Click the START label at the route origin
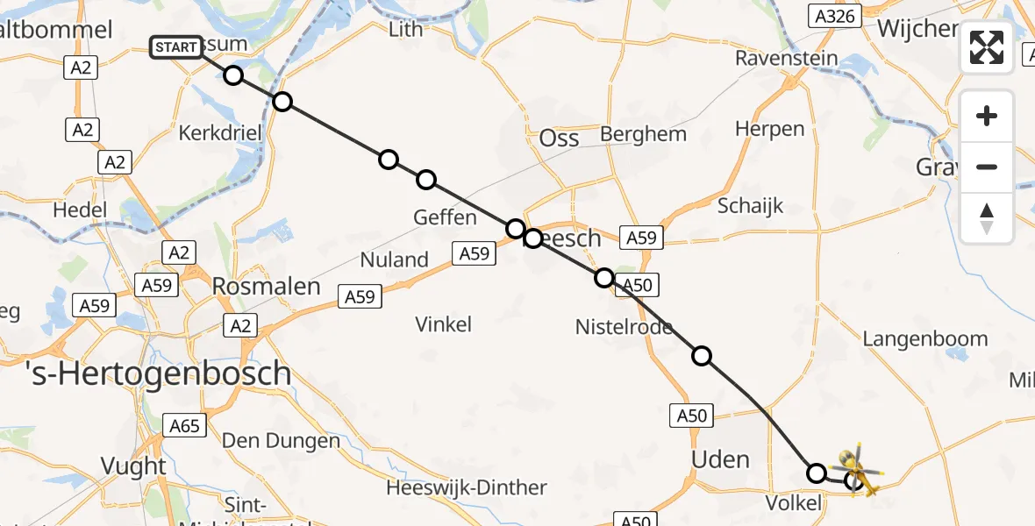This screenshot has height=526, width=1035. point(175,47)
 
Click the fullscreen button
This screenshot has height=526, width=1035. point(987,47)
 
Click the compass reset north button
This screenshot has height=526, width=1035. point(987,219)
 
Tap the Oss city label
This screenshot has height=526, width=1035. point(559,138)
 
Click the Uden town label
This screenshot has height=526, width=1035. point(720,459)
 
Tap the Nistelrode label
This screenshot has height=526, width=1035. point(624,327)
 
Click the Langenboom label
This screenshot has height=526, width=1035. point(924,338)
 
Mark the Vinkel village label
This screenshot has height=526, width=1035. point(443,324)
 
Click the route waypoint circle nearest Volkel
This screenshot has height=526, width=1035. point(817,473)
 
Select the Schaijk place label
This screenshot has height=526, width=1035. point(750,206)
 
